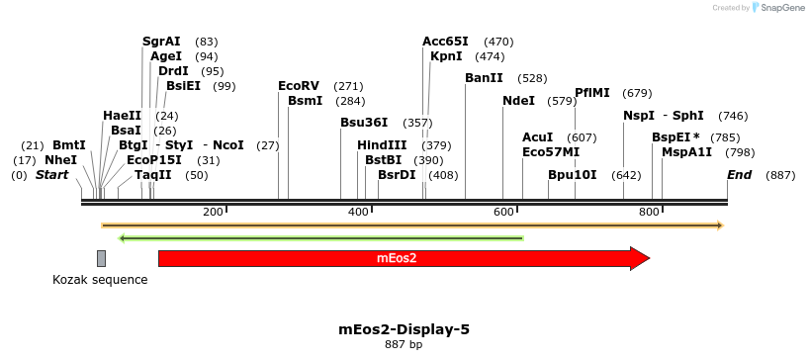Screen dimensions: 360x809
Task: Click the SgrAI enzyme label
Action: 161,42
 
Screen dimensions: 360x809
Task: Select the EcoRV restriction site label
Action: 299,86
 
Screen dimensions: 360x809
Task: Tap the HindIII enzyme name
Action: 382,145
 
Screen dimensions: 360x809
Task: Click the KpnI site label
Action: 446,56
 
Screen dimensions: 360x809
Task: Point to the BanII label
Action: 484,77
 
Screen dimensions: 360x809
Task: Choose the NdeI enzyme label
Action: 518,101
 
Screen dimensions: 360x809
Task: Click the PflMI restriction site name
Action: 592,93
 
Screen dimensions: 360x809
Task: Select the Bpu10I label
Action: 573,175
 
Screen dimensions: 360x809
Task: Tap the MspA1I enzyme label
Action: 686,152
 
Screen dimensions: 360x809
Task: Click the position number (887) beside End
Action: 780,175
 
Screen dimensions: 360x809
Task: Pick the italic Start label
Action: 52,175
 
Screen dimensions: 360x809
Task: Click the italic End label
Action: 739,175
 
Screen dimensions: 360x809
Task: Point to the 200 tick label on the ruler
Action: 213,213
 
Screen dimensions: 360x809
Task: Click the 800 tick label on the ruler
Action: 649,213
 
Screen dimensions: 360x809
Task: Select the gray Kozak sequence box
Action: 101,259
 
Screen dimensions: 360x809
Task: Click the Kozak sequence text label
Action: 100,280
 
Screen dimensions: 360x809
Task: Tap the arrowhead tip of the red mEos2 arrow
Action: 648,258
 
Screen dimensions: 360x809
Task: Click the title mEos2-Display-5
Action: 404,328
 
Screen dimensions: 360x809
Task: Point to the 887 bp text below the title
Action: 404,345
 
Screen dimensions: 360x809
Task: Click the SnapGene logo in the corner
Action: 778,8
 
